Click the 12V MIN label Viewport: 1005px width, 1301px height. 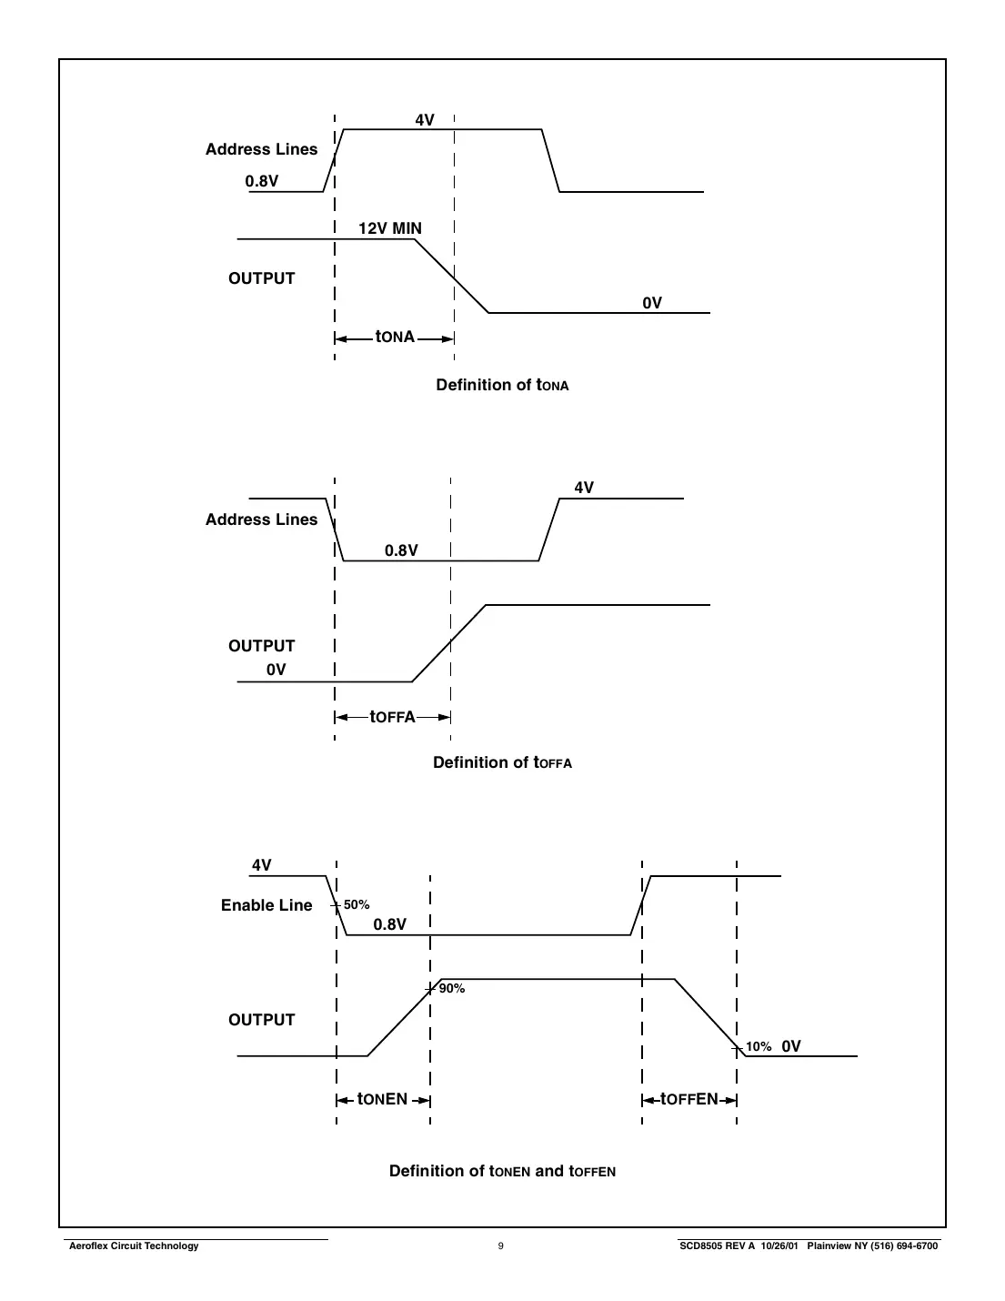(x=389, y=228)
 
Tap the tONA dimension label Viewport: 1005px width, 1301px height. (x=395, y=338)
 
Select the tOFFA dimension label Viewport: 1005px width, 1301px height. (x=392, y=717)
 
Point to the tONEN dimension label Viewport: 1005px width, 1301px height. (x=382, y=1099)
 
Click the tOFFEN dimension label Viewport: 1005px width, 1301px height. (x=688, y=1099)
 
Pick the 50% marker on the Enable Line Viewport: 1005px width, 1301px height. (x=356, y=905)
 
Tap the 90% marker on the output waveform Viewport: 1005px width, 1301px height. (x=451, y=989)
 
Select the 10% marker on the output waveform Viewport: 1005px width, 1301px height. (x=758, y=1047)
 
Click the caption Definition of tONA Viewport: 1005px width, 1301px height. (x=502, y=385)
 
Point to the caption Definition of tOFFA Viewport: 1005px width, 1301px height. (x=502, y=762)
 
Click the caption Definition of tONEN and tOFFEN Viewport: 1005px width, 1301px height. (x=502, y=1171)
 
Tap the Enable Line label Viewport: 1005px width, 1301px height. (x=266, y=905)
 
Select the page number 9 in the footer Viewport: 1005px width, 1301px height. (x=500, y=1246)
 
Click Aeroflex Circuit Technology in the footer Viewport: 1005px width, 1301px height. (x=134, y=1246)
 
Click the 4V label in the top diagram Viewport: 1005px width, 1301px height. (x=425, y=119)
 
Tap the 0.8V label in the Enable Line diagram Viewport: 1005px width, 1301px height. (x=389, y=924)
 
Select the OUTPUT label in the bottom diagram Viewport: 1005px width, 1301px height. (x=262, y=1020)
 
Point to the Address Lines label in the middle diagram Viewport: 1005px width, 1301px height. (x=261, y=519)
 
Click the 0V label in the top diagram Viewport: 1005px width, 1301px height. (x=652, y=303)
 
